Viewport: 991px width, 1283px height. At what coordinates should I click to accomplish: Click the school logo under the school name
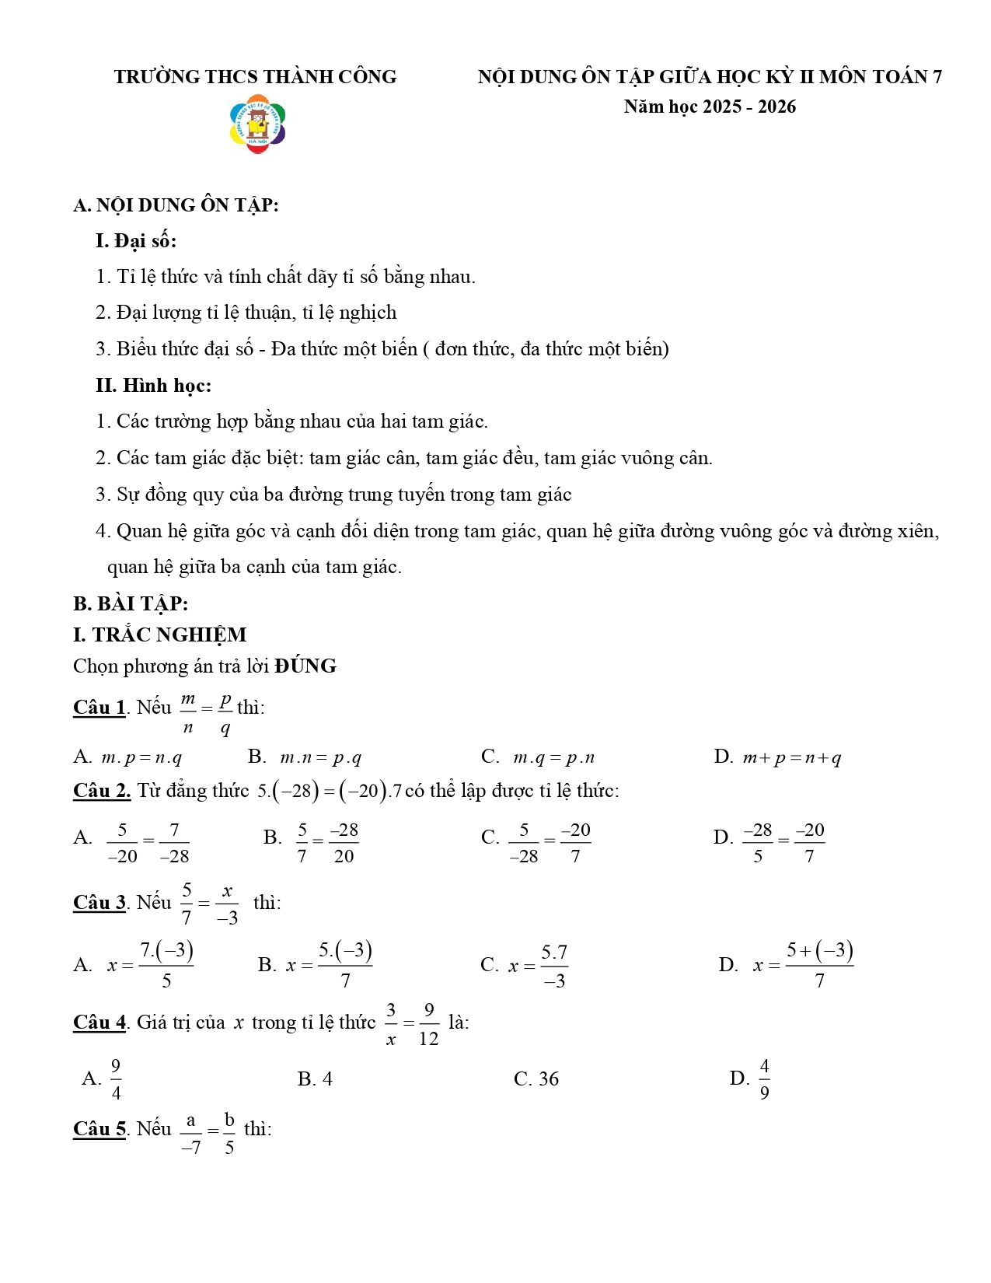click(258, 124)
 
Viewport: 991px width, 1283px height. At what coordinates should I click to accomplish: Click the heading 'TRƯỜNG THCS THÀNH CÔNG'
click(255, 77)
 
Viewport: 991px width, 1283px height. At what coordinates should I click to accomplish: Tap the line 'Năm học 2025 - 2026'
click(710, 107)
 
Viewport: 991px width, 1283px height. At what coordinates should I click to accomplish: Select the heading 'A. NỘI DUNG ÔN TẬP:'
click(176, 205)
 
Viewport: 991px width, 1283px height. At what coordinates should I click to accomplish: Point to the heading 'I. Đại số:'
click(136, 241)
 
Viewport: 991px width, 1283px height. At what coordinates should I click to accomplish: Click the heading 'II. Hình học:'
click(153, 386)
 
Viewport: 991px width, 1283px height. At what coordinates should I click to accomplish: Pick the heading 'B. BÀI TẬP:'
click(131, 604)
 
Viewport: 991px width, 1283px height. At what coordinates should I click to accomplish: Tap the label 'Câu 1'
click(99, 708)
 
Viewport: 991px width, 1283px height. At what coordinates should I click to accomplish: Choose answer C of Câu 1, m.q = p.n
click(538, 757)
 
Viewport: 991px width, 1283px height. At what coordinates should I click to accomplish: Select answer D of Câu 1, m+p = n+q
click(777, 757)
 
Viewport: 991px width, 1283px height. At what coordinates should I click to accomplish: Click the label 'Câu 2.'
click(102, 791)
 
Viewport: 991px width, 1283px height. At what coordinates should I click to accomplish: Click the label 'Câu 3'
click(99, 903)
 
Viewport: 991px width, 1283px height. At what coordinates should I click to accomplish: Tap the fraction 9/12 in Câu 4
click(428, 1024)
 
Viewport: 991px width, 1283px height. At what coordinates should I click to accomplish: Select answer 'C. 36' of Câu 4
click(536, 1079)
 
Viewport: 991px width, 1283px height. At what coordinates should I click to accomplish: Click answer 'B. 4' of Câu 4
click(315, 1079)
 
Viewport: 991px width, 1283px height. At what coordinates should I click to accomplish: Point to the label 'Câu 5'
click(99, 1129)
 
